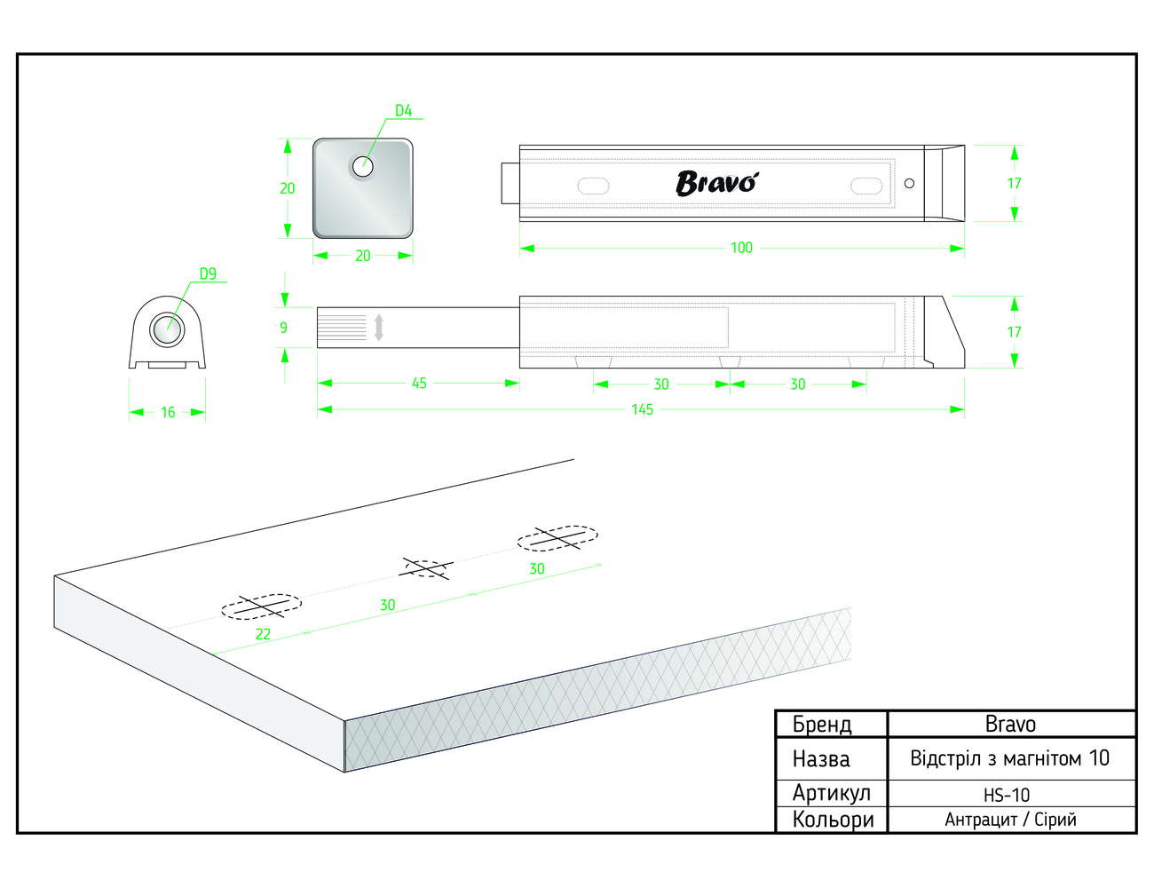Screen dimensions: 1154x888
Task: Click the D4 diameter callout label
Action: pyautogui.click(x=404, y=110)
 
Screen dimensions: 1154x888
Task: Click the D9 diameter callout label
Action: pyautogui.click(x=208, y=274)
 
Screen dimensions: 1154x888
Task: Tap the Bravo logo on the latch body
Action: pyautogui.click(x=717, y=183)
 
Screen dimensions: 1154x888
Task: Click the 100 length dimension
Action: pyautogui.click(x=741, y=248)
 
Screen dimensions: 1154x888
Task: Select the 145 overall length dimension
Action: pyautogui.click(x=642, y=409)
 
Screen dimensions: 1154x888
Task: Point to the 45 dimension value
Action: pyautogui.click(x=419, y=383)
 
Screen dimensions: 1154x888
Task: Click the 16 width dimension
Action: pyautogui.click(x=168, y=412)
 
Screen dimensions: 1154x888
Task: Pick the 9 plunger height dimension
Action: pyautogui.click(x=283, y=328)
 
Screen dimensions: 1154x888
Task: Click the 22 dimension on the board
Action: pyautogui.click(x=263, y=634)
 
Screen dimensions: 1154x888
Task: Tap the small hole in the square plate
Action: pyautogui.click(x=363, y=166)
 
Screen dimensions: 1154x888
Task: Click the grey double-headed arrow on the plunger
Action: pyautogui.click(x=379, y=328)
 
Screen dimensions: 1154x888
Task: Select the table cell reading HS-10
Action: pyautogui.click(x=1007, y=795)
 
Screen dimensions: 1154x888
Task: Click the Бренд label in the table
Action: pyautogui.click(x=821, y=725)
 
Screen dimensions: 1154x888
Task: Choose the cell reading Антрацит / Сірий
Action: pyautogui.click(x=1010, y=820)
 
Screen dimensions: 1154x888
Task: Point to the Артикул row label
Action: pyautogui.click(x=831, y=793)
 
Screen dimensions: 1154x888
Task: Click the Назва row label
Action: pyautogui.click(x=821, y=759)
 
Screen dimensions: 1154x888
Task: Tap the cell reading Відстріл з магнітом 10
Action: pyautogui.click(x=1009, y=758)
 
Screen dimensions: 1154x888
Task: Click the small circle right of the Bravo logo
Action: pyautogui.click(x=909, y=183)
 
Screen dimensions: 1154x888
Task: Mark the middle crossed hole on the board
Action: pyautogui.click(x=426, y=568)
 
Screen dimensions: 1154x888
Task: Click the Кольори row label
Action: pyautogui.click(x=833, y=820)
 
